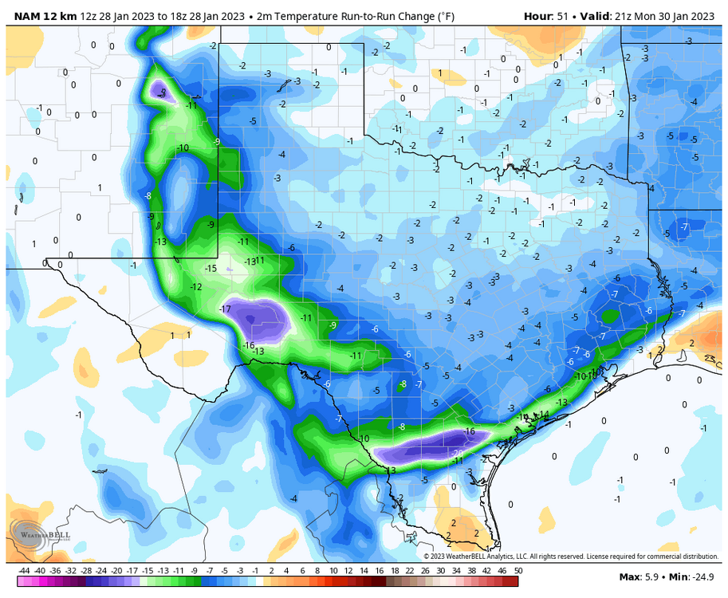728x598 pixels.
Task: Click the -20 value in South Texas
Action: click(458, 453)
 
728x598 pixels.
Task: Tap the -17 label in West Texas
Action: click(225, 309)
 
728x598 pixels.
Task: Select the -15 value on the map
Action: click(211, 269)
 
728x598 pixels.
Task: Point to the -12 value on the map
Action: click(196, 287)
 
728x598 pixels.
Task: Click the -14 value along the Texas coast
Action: click(544, 414)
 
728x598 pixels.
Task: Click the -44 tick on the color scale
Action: click(23, 571)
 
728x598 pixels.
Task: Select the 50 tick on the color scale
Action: click(518, 571)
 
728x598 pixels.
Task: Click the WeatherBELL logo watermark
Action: click(41, 534)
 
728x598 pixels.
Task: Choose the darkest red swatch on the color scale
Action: click(510, 561)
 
